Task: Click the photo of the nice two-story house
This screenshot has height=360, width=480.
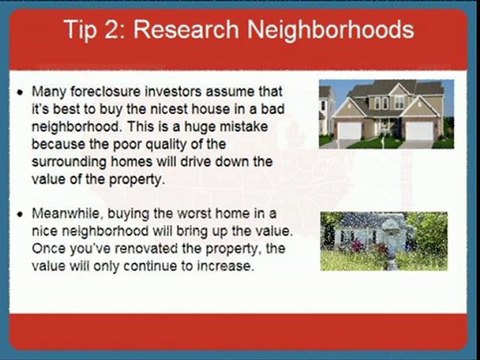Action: click(385, 112)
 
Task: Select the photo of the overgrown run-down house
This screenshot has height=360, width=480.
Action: click(385, 241)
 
